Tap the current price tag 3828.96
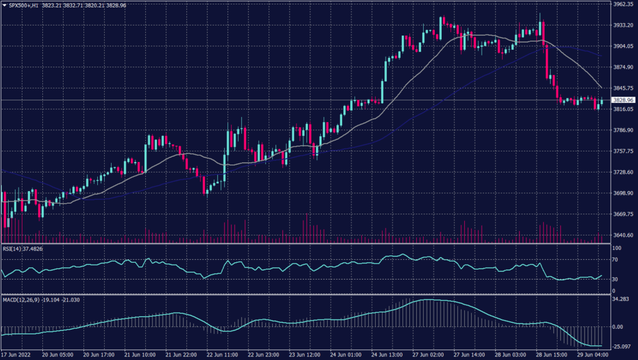tap(623, 100)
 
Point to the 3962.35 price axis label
tap(624, 4)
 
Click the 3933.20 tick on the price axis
tap(624, 25)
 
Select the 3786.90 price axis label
tap(624, 130)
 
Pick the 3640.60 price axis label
tap(624, 235)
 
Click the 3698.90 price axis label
tap(624, 193)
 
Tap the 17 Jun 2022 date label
tap(16, 354)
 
